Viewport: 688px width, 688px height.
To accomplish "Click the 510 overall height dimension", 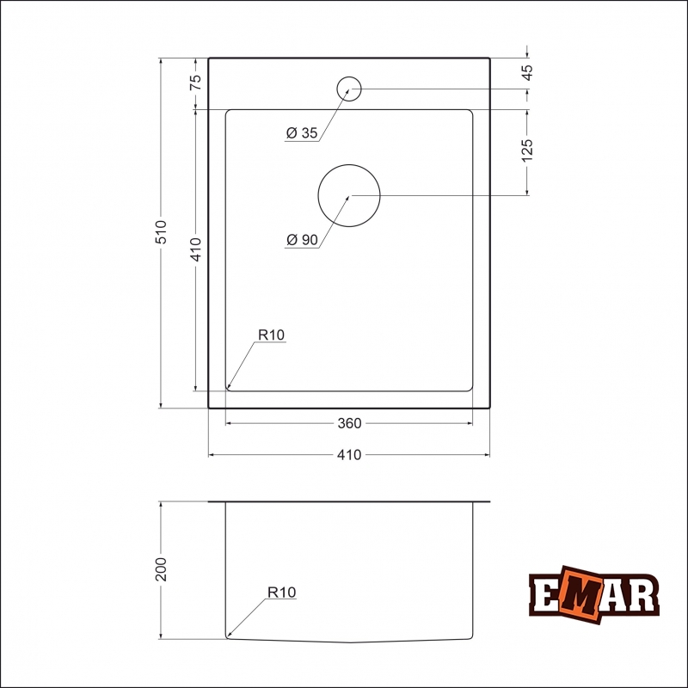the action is click(161, 232).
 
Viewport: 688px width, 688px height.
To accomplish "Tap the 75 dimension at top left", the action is click(195, 82).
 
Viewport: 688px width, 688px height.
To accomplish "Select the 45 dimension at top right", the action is click(527, 72).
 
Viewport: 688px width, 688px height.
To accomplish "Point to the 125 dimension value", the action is click(527, 150).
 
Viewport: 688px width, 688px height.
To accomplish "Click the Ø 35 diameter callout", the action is click(302, 132).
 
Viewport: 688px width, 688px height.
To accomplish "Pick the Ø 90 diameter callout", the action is click(302, 240).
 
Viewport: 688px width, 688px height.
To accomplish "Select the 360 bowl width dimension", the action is click(349, 423).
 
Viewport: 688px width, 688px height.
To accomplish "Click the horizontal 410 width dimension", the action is click(349, 455).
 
